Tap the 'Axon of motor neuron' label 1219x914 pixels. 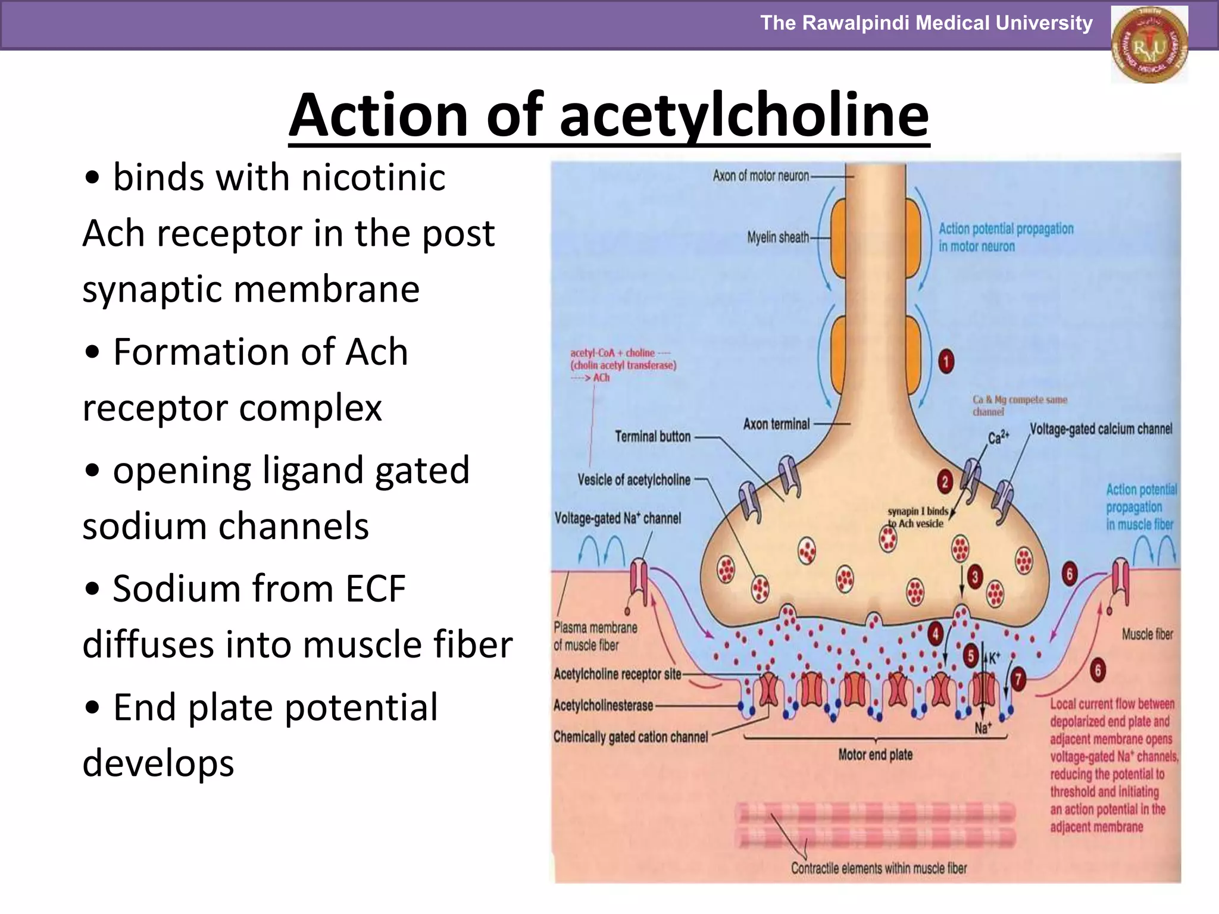761,176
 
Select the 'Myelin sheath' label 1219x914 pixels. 778,237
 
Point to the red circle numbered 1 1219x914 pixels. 946,362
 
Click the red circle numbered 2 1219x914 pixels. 945,481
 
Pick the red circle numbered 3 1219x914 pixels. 975,577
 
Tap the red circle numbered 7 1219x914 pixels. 1018,678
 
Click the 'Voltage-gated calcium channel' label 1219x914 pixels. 1101,429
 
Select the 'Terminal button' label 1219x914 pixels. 652,437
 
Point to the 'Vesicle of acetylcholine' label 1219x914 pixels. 634,480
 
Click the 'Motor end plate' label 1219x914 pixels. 875,755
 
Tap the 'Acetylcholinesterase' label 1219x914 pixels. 603,706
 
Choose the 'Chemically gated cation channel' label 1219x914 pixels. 630,737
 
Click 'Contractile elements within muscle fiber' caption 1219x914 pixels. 879,868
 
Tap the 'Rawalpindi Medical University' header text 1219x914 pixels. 926,23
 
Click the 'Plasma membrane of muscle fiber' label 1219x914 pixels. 595,636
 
